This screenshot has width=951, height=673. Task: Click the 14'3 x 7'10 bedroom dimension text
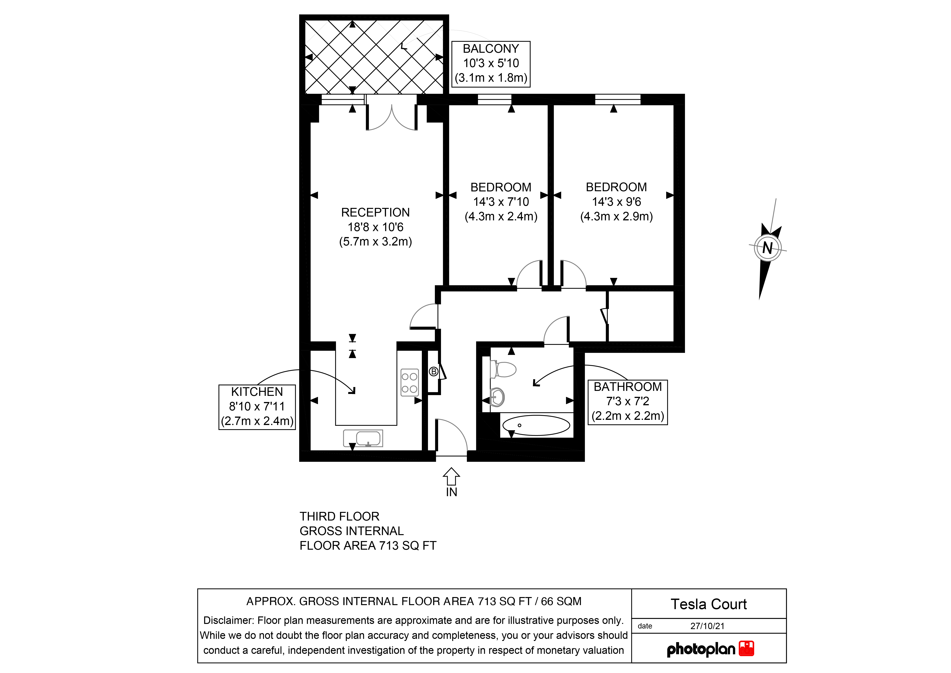[501, 202]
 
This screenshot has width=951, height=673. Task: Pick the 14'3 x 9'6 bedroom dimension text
[616, 202]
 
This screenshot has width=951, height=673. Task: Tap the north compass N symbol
[768, 248]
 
